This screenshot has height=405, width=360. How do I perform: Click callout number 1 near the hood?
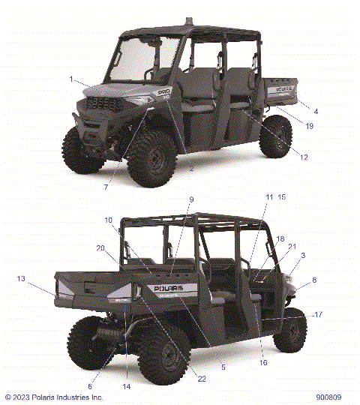71,79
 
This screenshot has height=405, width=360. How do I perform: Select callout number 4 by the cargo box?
316,111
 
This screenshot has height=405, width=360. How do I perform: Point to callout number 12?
304,157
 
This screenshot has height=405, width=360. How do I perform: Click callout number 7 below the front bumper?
106,187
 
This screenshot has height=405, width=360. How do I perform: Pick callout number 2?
191,169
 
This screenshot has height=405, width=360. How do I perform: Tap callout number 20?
100,248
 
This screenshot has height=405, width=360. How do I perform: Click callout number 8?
313,280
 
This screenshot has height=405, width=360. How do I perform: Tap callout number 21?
292,246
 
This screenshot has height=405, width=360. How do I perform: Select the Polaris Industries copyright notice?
54,397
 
